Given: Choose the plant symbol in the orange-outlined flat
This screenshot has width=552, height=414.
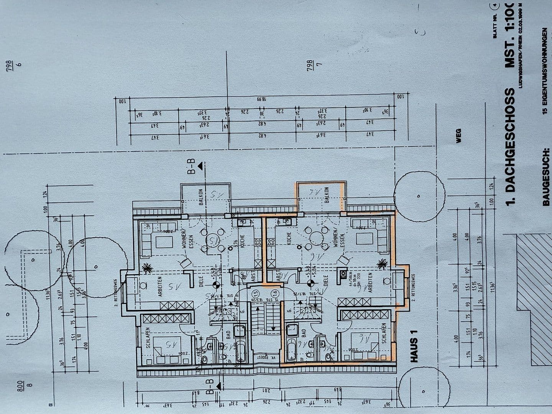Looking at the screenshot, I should click(x=381, y=263).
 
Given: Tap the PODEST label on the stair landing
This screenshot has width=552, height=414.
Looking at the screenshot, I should click(x=263, y=357).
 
